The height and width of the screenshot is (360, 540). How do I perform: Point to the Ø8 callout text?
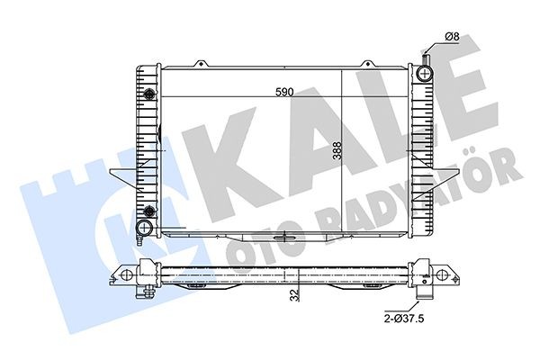pos(453,37)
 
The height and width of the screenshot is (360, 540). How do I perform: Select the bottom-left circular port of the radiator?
pos(145,226)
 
